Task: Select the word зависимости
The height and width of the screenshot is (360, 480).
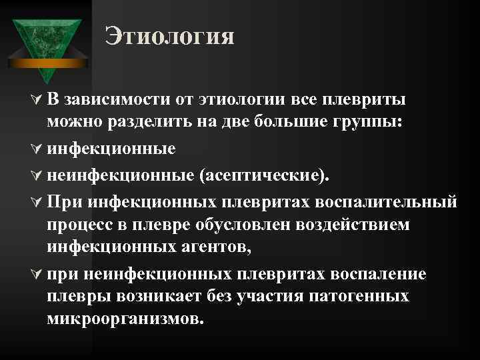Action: (x=113, y=99)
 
